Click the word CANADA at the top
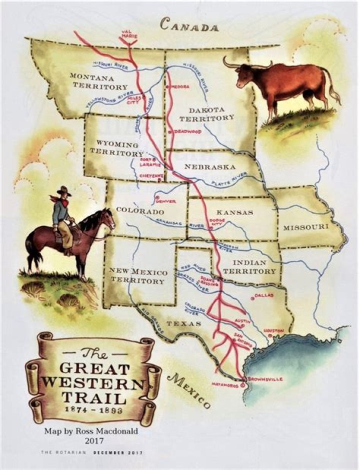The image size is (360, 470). (x=189, y=26)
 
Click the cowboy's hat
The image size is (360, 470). (x=63, y=191)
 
